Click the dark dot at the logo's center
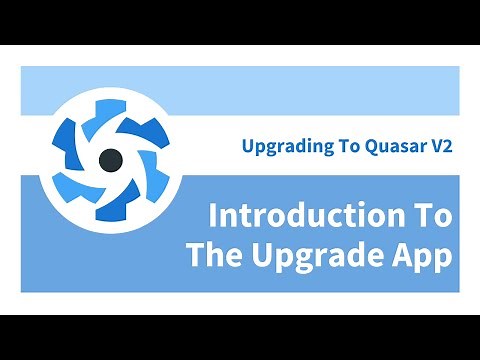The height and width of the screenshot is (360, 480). (112, 159)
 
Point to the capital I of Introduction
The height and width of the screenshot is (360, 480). (212, 217)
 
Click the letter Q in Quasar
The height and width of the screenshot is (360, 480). (369, 145)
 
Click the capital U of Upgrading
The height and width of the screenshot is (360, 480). (248, 145)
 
